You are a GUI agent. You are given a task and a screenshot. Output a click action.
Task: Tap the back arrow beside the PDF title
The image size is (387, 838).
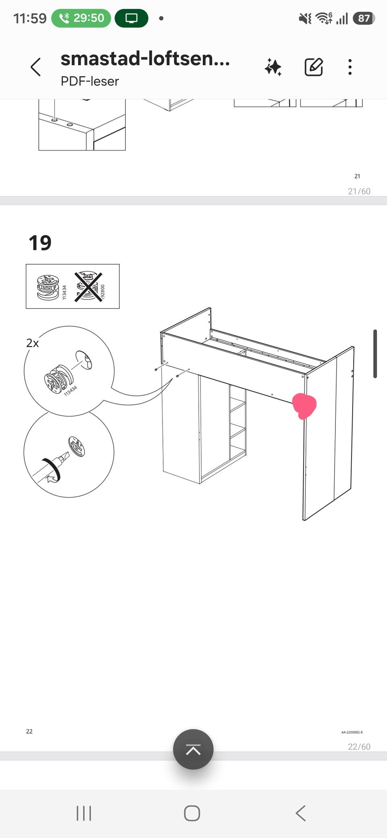36,67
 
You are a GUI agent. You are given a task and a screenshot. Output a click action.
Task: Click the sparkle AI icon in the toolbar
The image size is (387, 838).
273,67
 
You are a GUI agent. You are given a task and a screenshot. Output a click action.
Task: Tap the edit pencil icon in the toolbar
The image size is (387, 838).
314,67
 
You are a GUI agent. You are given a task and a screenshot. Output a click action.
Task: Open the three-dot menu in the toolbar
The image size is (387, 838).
350,67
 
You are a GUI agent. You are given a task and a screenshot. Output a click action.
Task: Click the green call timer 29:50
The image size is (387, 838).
81,18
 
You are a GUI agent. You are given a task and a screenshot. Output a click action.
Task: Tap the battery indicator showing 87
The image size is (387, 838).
364,18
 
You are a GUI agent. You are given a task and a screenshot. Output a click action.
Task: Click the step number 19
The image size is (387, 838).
40,243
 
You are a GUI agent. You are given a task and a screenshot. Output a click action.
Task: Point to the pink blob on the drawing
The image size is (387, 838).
304,406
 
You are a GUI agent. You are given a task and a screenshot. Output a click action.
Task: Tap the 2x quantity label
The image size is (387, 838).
33,343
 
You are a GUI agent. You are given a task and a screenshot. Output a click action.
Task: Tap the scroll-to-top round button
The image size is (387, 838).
193,749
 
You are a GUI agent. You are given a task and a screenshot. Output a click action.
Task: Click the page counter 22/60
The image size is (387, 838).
359,747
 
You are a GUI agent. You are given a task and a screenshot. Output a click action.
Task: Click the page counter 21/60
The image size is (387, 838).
359,191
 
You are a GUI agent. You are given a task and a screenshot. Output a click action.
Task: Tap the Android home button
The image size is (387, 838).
192,813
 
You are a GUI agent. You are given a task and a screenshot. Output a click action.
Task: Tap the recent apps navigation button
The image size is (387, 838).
84,813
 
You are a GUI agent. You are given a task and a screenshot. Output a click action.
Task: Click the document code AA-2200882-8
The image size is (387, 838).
352,732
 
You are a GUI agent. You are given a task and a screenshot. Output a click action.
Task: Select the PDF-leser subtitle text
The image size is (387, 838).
90,81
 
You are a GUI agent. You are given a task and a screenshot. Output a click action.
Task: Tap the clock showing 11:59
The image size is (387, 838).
30,18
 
